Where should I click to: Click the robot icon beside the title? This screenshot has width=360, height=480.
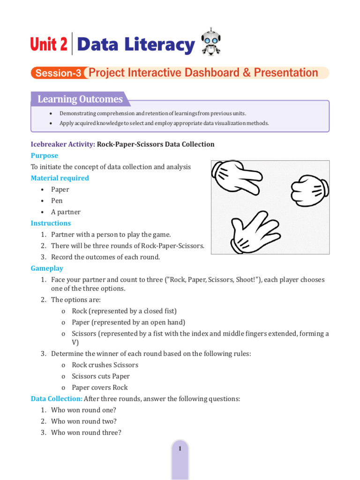click(210, 43)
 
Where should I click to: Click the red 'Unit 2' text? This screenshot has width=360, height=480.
click(49, 45)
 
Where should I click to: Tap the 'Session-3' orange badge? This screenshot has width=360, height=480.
click(58, 73)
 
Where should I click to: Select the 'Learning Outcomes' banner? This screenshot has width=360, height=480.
click(80, 99)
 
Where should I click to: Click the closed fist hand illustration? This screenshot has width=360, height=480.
click(309, 190)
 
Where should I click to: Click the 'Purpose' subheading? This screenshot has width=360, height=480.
click(45, 156)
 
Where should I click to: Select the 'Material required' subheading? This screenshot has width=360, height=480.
click(60, 178)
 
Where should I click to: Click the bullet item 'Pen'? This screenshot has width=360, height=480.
click(57, 201)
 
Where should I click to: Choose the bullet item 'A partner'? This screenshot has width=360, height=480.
click(66, 212)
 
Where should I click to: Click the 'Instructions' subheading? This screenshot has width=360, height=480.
click(51, 223)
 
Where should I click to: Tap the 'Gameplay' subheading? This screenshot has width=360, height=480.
click(47, 268)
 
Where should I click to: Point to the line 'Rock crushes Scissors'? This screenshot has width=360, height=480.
click(105, 365)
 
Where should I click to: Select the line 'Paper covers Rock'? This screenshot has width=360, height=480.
click(99, 387)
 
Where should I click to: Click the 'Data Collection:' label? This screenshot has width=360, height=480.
click(56, 398)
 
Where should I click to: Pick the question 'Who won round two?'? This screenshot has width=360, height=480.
click(83, 421)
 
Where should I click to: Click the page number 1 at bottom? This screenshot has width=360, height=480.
click(180, 449)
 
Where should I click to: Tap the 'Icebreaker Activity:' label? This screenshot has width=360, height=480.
click(63, 144)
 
